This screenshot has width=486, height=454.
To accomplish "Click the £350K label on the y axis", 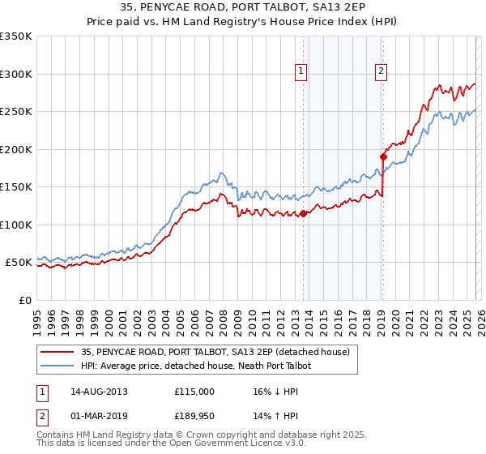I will click(16, 36).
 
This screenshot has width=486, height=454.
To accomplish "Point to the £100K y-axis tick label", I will click(16, 225).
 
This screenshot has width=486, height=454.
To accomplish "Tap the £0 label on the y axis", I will click(25, 300).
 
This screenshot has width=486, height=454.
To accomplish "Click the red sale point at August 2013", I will click(304, 214).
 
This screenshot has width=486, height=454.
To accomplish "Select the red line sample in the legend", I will click(58, 352).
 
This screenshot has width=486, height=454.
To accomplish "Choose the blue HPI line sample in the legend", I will click(58, 366).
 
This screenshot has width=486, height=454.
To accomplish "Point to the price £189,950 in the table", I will click(194, 418).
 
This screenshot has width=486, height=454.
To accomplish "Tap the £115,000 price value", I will click(194, 391).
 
